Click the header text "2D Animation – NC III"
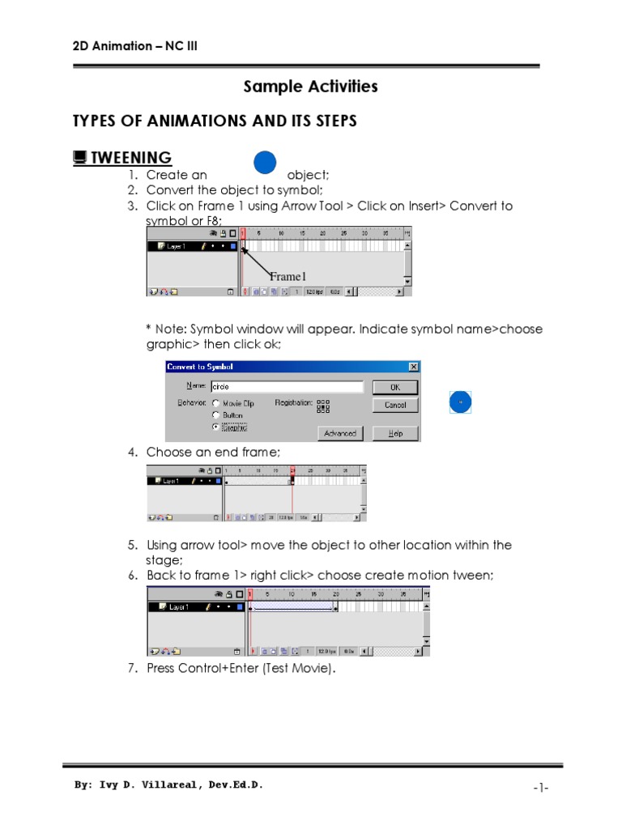[x=134, y=45]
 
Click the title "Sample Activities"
[x=311, y=87]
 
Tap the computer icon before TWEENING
[x=79, y=157]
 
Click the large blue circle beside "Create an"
[x=266, y=163]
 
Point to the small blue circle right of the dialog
[x=460, y=402]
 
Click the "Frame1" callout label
[x=288, y=277]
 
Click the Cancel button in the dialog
[x=395, y=405]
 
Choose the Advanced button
[x=340, y=433]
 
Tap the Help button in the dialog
[x=395, y=433]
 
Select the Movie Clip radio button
[x=215, y=402]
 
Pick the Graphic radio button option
[x=215, y=426]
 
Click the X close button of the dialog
[x=413, y=367]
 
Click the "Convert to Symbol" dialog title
[x=200, y=367]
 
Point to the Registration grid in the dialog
[x=323, y=405]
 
